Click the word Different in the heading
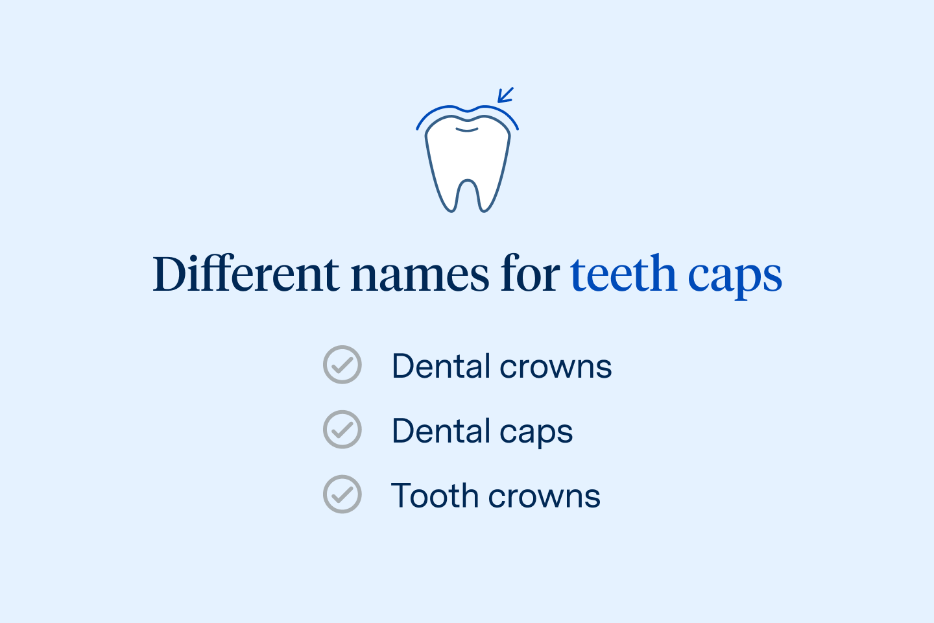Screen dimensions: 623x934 [246, 274]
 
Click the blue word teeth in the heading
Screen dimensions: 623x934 [623, 274]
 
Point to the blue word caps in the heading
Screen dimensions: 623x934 [735, 277]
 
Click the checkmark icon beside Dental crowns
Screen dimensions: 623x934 [342, 365]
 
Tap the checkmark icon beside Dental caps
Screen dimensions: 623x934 [342, 430]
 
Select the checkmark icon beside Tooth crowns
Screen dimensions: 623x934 [342, 495]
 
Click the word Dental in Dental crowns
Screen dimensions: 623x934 [441, 366]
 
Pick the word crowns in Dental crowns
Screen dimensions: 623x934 [556, 367]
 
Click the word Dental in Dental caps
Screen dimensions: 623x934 [441, 431]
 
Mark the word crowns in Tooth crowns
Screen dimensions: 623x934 [544, 497]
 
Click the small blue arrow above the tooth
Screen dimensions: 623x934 [505, 95]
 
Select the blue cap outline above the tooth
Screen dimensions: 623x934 [441, 109]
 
